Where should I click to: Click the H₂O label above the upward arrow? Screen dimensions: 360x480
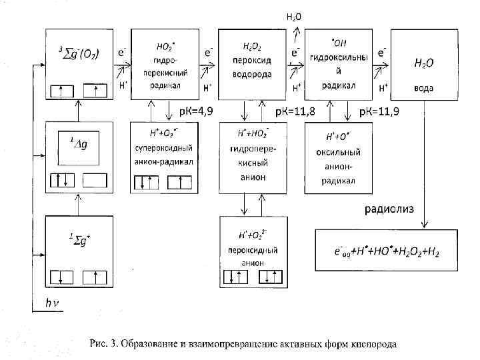(293, 16)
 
